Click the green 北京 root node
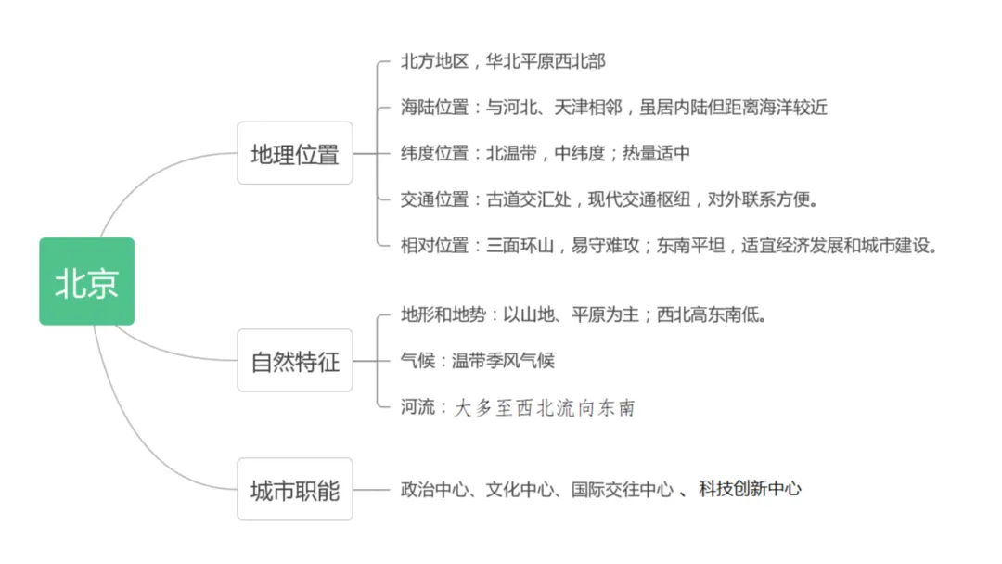(x=86, y=281)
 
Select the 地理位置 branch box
(x=295, y=153)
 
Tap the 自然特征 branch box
(x=295, y=361)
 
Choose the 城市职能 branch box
(x=295, y=489)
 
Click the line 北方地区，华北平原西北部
(x=503, y=62)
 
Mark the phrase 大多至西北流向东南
(x=544, y=408)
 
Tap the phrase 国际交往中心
(x=622, y=489)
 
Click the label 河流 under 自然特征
(x=417, y=407)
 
